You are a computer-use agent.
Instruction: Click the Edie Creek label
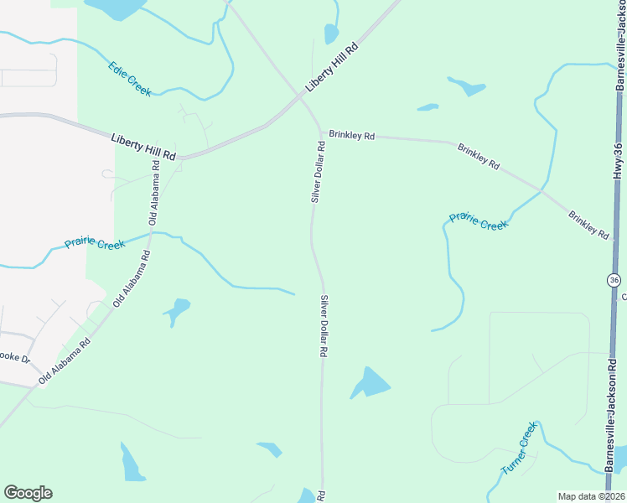[130, 79]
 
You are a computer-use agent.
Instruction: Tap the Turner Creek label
[519, 449]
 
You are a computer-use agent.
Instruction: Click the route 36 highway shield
[614, 279]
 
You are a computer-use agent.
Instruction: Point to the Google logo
[28, 493]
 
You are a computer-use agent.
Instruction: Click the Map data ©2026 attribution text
[591, 496]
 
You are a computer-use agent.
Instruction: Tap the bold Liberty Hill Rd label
[143, 145]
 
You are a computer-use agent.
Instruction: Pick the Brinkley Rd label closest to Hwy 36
[588, 224]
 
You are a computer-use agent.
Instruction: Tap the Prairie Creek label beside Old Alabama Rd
[95, 244]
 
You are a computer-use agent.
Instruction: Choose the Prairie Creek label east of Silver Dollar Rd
[479, 221]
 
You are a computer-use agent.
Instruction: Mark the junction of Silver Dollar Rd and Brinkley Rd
[319, 132]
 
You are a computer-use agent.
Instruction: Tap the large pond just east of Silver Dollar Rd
[370, 382]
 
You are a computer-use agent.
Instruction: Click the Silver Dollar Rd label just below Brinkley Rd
[317, 172]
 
